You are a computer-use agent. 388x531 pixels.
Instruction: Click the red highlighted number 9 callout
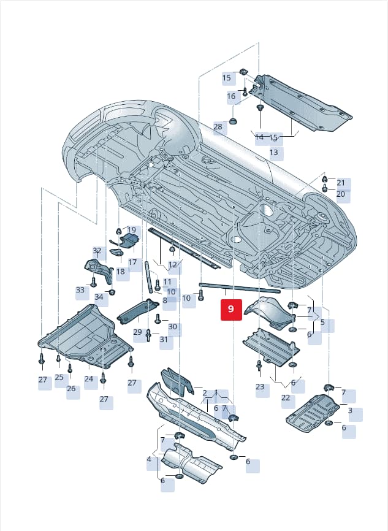(231, 309)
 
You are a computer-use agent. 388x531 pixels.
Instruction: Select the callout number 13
(274, 153)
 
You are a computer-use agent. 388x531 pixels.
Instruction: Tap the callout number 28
(218, 127)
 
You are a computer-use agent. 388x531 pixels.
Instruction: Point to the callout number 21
(341, 183)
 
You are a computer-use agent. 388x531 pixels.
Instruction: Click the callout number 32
(97, 251)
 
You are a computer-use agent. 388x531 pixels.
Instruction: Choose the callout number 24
(89, 378)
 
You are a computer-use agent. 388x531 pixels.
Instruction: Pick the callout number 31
(164, 339)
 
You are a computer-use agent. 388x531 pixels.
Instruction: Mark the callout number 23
(260, 386)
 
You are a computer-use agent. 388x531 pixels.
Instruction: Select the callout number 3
(350, 410)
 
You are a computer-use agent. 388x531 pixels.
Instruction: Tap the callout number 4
(150, 459)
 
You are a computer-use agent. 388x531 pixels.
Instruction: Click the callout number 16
(231, 96)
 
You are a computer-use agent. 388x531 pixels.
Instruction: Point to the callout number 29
(137, 332)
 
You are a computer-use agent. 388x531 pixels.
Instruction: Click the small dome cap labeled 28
(234, 121)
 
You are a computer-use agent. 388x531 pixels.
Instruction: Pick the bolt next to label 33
(93, 281)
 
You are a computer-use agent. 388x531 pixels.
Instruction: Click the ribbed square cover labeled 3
(313, 413)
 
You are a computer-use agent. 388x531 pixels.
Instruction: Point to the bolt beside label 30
(158, 319)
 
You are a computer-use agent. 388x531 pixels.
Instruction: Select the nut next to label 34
(111, 292)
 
